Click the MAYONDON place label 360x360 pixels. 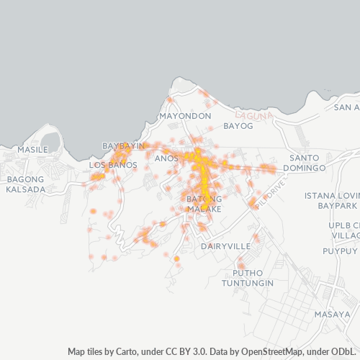185,116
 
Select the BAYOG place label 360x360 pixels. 238,126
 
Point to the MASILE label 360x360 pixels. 32,150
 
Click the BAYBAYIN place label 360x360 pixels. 124,146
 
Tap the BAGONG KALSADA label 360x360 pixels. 25,184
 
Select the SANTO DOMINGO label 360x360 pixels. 307,163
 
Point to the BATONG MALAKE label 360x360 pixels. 204,203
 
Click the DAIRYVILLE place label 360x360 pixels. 225,246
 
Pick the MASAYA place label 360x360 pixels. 332,315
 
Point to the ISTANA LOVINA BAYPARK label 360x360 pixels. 331,201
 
